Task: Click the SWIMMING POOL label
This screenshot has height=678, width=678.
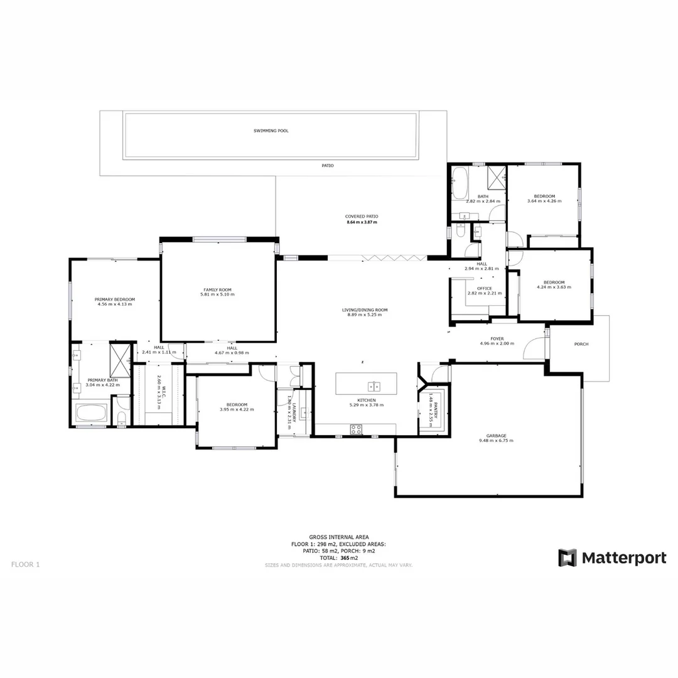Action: (271, 131)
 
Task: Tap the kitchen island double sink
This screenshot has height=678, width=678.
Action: (375, 385)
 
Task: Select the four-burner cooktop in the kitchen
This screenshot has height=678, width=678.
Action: (356, 429)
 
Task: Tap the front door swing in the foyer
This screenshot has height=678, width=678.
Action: (534, 348)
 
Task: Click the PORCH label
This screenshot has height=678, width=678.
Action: (581, 344)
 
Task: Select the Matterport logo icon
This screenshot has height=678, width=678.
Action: (568, 557)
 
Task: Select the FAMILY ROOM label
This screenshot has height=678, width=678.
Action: (217, 290)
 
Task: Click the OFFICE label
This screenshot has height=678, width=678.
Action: (484, 288)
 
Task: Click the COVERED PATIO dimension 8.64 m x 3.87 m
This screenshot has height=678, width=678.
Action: (362, 222)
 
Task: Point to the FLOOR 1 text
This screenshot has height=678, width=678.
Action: (25, 564)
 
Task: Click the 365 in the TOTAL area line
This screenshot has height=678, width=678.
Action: (345, 557)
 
